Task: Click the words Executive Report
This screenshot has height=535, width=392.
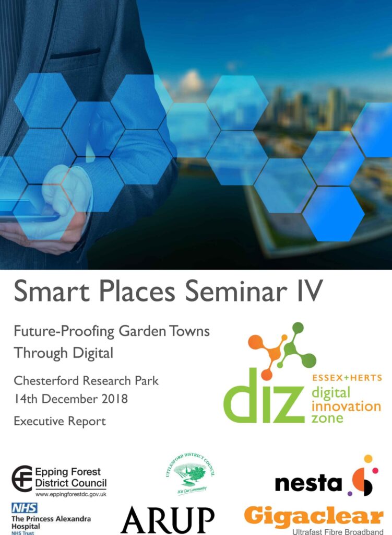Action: point(60,421)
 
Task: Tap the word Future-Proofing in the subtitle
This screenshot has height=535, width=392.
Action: point(58,332)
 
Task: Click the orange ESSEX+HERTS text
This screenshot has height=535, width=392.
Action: point(347,378)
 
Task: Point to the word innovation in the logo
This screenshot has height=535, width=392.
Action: point(347,406)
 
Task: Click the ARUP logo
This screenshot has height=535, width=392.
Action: point(167,520)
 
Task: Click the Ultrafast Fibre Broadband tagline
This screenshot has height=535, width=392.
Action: point(329,531)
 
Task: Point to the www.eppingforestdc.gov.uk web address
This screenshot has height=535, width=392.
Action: point(70,494)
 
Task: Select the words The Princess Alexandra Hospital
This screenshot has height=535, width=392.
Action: point(51,522)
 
